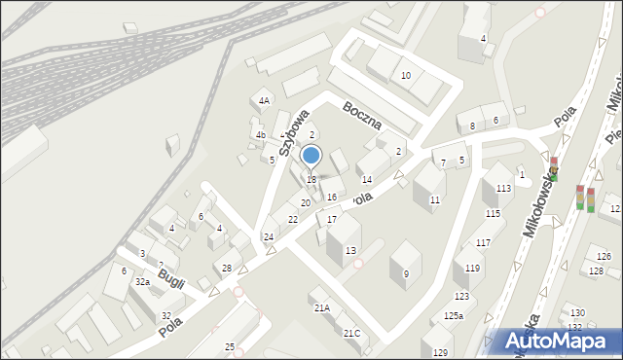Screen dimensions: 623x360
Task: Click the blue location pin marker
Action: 311,156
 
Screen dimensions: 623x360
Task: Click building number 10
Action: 406,75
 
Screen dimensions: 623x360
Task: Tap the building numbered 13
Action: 349,250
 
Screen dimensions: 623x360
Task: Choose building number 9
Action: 406,273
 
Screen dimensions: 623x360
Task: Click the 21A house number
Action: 321,307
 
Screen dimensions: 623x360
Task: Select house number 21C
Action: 351,333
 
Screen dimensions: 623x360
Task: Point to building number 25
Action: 230,346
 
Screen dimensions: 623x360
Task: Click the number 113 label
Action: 503,189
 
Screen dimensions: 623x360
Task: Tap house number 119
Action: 472,268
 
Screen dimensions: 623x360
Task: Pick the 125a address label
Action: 454,315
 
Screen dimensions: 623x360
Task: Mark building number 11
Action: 435,199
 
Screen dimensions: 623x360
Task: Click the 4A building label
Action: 264,100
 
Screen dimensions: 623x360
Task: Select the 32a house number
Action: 142,281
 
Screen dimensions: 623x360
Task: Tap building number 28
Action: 227,268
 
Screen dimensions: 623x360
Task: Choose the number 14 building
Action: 367,179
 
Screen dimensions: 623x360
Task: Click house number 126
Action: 604,257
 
